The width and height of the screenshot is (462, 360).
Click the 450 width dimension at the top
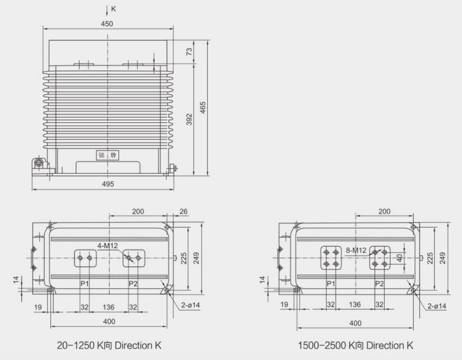point(107,24)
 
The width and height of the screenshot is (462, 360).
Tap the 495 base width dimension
point(108,184)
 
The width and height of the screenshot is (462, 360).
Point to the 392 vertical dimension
point(189,121)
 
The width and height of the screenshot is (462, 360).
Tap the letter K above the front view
point(113,9)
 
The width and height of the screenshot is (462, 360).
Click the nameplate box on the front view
point(107,156)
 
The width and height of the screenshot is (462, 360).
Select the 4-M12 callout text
point(108,246)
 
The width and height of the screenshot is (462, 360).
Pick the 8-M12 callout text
point(356,250)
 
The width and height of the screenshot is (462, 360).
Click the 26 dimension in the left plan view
point(184,211)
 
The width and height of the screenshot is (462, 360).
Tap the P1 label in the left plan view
point(85,284)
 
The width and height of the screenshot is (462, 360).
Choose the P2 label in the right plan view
point(379,284)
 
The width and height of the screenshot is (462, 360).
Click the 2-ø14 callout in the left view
point(190,306)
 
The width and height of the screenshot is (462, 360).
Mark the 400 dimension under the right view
point(355,323)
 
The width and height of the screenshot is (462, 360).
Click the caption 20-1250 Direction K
point(109,345)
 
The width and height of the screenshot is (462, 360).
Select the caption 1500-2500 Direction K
point(355,345)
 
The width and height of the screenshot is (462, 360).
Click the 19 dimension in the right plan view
point(284,305)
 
